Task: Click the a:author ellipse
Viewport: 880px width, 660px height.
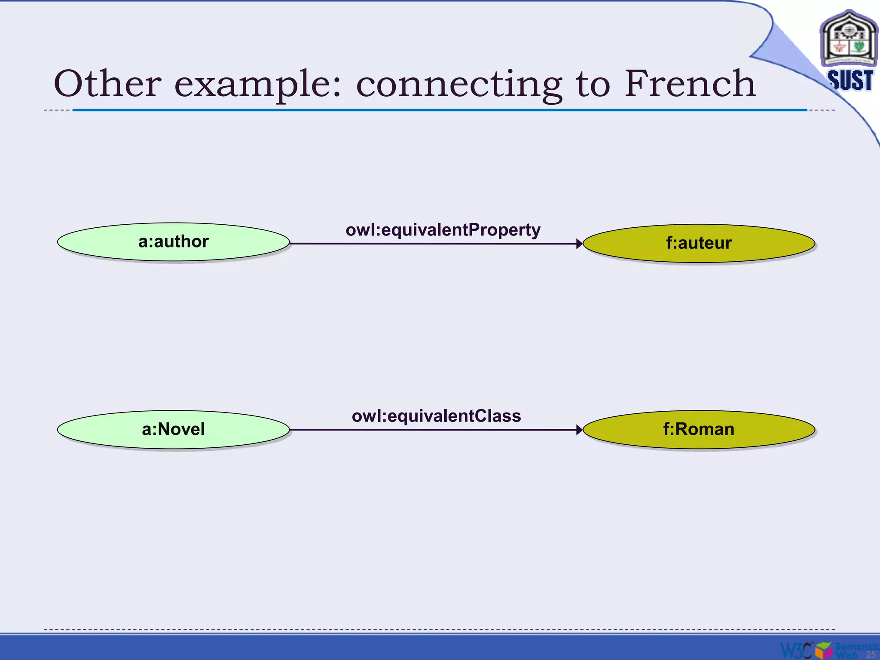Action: (x=173, y=242)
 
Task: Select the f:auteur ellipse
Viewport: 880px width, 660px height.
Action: (x=699, y=243)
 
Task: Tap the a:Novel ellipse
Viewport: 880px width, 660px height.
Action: (x=173, y=429)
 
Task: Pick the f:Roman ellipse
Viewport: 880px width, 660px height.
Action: (x=699, y=429)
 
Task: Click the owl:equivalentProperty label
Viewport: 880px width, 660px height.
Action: (x=443, y=230)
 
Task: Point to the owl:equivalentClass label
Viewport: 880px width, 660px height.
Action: (x=436, y=416)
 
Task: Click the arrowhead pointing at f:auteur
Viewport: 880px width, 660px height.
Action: (x=579, y=244)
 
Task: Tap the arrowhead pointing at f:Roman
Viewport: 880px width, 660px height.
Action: (x=579, y=430)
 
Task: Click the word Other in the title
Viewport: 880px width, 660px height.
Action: (x=107, y=83)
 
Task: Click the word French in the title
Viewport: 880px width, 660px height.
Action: (x=690, y=83)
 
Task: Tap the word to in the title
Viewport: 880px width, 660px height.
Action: (x=593, y=84)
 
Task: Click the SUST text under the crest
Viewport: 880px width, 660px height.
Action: (x=850, y=80)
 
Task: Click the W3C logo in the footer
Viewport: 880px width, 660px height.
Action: (x=796, y=650)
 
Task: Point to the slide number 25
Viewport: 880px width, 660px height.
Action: (x=871, y=654)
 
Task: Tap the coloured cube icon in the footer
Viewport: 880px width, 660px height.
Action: (x=824, y=650)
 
